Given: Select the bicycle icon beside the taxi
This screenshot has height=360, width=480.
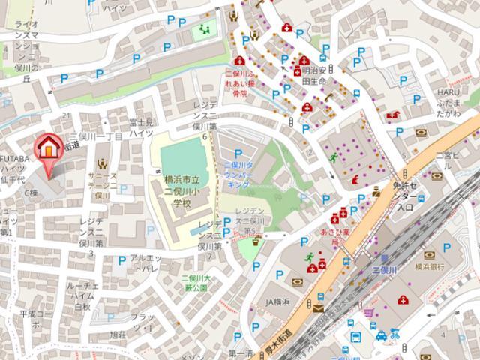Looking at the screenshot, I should (395, 334).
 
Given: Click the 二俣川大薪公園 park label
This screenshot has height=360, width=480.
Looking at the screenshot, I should (195, 283).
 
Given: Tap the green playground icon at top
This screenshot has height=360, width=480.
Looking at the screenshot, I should (205, 31).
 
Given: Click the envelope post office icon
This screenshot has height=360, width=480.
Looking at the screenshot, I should (319, 307).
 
